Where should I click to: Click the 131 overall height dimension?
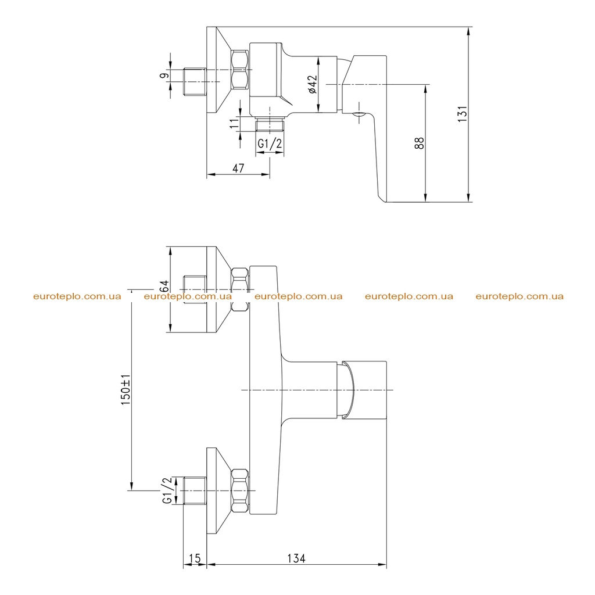coord(462,114)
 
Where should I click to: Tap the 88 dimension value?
coord(420,143)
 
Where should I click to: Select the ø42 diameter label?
coord(312,84)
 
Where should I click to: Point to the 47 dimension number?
coord(238,168)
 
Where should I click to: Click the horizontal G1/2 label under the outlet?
coord(270,144)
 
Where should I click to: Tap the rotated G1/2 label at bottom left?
coord(167,490)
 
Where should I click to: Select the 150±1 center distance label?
coord(126,389)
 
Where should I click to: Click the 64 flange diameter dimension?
coord(164,286)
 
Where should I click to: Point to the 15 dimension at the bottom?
coord(195,558)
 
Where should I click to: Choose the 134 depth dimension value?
coord(296,558)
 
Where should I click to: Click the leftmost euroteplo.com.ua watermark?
coord(77,296)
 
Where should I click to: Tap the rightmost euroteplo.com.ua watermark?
coord(519,296)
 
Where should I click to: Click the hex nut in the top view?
coord(239,70)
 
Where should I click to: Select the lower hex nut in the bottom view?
coord(240,491)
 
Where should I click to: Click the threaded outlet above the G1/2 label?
coord(270,124)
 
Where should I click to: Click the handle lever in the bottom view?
coord(364,390)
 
